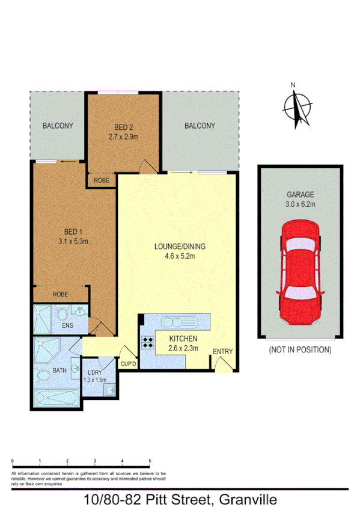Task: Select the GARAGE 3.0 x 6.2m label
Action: [300, 200]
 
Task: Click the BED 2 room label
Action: [123, 132]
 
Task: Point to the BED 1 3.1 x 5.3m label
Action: [73, 237]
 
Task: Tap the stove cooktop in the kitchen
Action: [147, 343]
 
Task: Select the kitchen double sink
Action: [180, 321]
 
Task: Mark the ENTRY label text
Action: [222, 352]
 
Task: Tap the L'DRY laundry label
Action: [94, 375]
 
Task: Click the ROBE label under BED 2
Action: [101, 180]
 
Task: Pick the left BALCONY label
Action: [57, 126]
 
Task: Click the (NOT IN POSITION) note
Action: [299, 349]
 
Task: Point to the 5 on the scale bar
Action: [150, 461]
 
